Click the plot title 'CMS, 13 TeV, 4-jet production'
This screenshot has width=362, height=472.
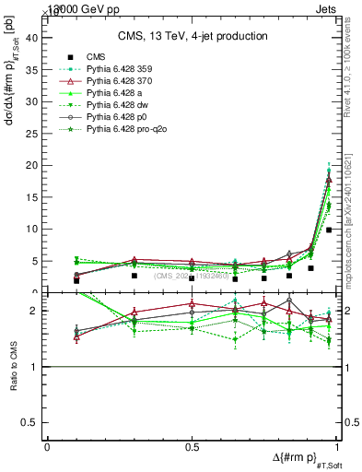coord(193,36)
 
